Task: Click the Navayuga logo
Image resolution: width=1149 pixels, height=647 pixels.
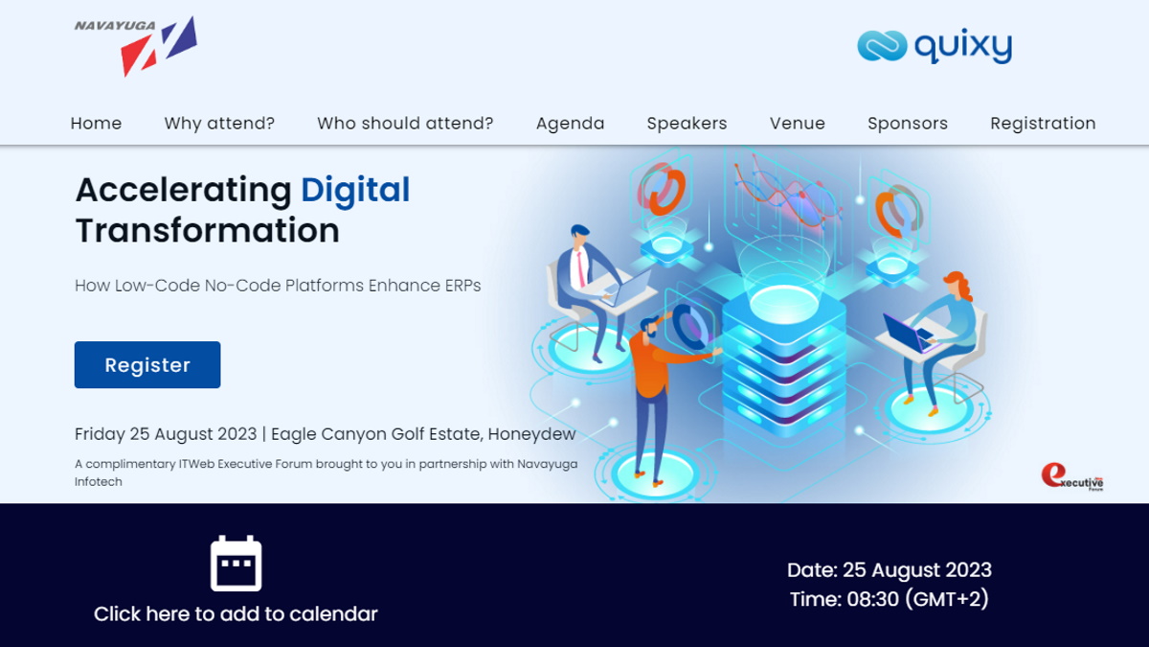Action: (136, 46)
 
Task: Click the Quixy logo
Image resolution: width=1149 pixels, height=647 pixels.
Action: (935, 46)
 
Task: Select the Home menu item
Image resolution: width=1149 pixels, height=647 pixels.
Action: (96, 124)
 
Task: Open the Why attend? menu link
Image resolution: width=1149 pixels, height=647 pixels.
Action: (219, 124)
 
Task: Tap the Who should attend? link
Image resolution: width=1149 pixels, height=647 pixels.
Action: (405, 124)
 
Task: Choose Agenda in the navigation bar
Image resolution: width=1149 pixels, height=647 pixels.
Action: (571, 124)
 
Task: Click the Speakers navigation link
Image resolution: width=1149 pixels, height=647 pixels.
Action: (687, 124)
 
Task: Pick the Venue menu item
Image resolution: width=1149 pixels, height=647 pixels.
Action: (797, 124)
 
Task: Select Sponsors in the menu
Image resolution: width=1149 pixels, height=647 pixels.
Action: (908, 124)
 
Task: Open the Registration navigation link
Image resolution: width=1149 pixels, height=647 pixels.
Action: (1043, 124)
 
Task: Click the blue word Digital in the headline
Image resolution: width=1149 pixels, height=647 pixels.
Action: (355, 191)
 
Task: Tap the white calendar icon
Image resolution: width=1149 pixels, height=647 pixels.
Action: (236, 564)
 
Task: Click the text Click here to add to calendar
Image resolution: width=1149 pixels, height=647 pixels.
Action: (236, 613)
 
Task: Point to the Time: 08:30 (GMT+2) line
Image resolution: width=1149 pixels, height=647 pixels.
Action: (889, 599)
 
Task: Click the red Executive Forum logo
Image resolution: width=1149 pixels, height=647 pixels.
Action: (1072, 477)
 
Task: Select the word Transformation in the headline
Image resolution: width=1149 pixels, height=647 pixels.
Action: (207, 230)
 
